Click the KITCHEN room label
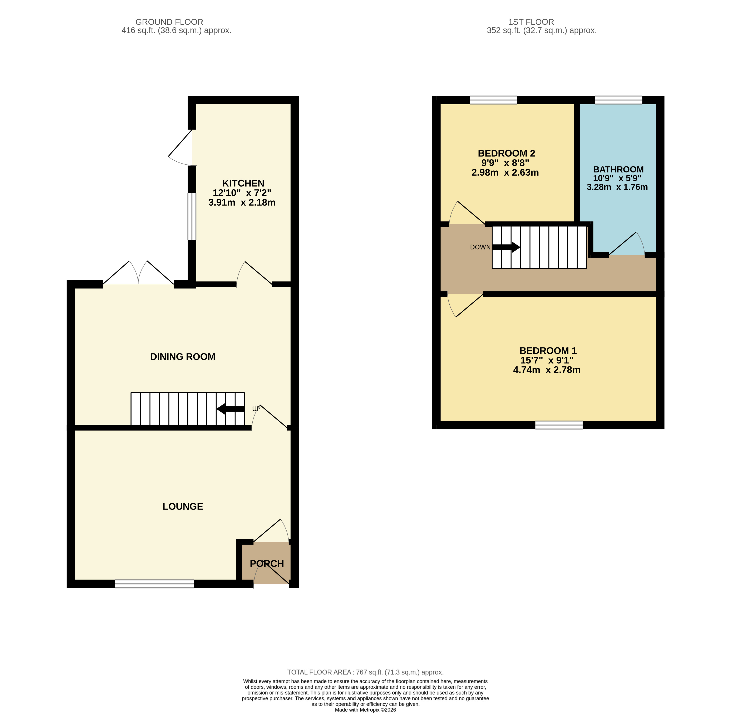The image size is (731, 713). click(243, 183)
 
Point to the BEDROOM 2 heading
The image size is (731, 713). click(506, 153)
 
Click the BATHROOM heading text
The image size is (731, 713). click(618, 169)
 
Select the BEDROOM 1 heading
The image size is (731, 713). click(548, 351)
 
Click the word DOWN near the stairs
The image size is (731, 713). click(480, 247)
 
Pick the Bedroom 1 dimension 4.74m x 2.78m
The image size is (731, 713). click(547, 370)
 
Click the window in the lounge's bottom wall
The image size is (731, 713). click(154, 583)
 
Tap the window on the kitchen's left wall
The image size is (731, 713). click(192, 216)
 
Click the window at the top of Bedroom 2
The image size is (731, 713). click(493, 100)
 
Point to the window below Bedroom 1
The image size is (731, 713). click(559, 425)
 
